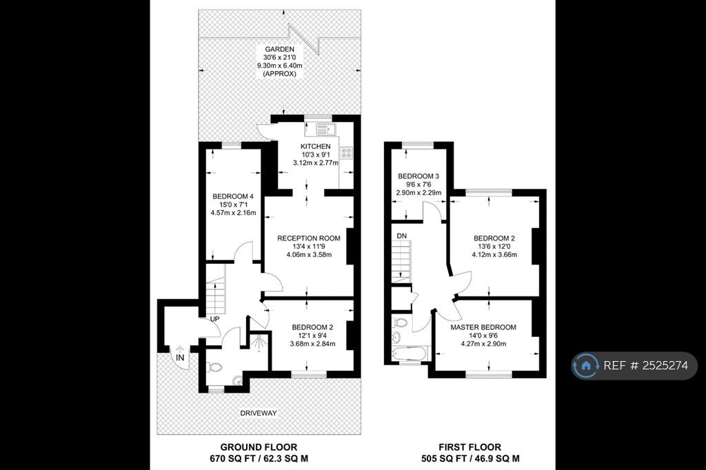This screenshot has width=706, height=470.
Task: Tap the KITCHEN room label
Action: [315, 147]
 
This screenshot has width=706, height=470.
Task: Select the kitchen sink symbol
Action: [324, 129]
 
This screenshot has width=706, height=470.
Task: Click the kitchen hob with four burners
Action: [346, 154]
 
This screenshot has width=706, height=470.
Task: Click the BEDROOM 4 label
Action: [232, 196]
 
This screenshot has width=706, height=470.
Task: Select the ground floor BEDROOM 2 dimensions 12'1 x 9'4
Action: [312, 336]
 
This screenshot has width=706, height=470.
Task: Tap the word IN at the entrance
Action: [180, 358]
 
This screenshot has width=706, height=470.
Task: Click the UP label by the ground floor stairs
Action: [214, 320]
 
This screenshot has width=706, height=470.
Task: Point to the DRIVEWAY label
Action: [259, 413]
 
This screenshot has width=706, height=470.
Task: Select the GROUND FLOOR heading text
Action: [259, 447]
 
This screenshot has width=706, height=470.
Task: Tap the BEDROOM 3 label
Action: [418, 176]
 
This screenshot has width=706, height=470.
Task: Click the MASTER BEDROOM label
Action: [483, 327]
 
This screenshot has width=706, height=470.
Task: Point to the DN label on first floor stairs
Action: [401, 236]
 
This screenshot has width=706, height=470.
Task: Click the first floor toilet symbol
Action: [400, 322]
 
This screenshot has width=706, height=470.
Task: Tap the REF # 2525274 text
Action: [645, 366]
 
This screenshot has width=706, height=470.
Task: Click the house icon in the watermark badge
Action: [586, 366]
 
